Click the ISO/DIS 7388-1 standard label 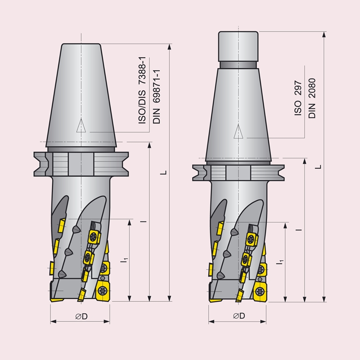point(142,90)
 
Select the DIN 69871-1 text point(156,97)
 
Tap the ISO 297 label point(298,98)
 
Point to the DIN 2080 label point(312,99)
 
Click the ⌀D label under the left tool point(81,316)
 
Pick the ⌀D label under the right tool point(239,316)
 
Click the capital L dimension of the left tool point(163,172)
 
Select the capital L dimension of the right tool point(318,167)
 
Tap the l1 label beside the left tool point(124,261)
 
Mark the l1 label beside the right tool point(280,262)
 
